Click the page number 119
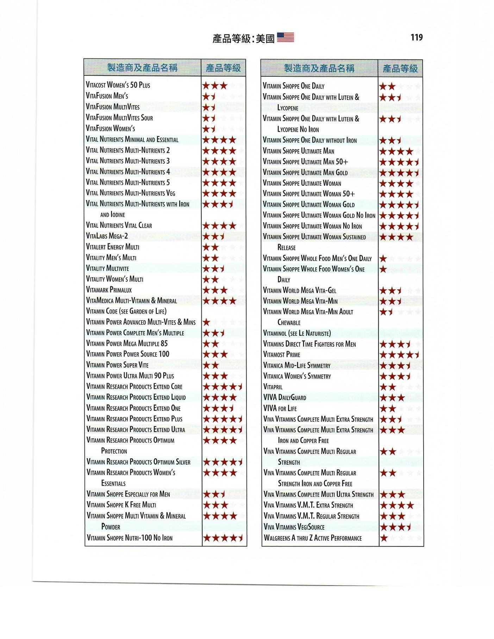pos(416,37)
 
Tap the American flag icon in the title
pos(285,37)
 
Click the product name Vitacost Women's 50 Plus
pos(118,85)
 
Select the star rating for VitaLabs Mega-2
pos(213,236)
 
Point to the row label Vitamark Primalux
pos(109,290)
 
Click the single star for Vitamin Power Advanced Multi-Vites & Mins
pos(207,322)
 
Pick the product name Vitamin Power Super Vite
pos(117,365)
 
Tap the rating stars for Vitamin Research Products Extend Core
pos(223,387)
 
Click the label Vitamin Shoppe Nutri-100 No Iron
pos(130,538)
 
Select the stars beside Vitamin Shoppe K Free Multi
pos(215,505)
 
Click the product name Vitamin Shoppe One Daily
pos(294,86)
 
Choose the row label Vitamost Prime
pos(282,355)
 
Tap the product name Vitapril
pos(273,387)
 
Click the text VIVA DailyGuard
pos(285,398)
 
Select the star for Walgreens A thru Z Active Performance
pos(384,538)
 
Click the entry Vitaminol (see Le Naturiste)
pos(297,333)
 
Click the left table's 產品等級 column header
pos(223,68)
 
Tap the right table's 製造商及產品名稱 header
pos(319,68)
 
